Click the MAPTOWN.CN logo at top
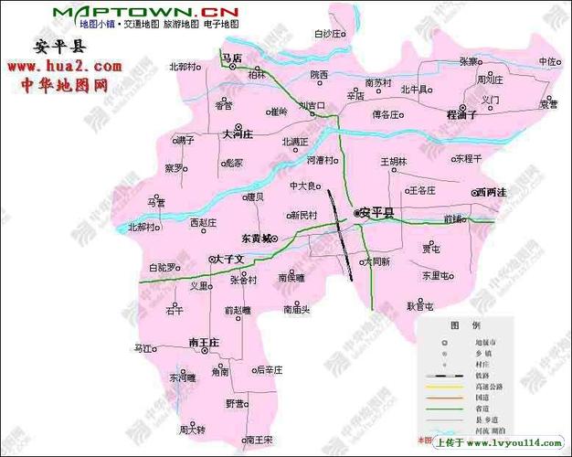tap(145, 10)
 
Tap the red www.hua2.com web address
tap(65, 67)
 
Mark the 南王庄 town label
tap(204, 342)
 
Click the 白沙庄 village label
tap(328, 34)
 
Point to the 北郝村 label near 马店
tap(183, 67)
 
